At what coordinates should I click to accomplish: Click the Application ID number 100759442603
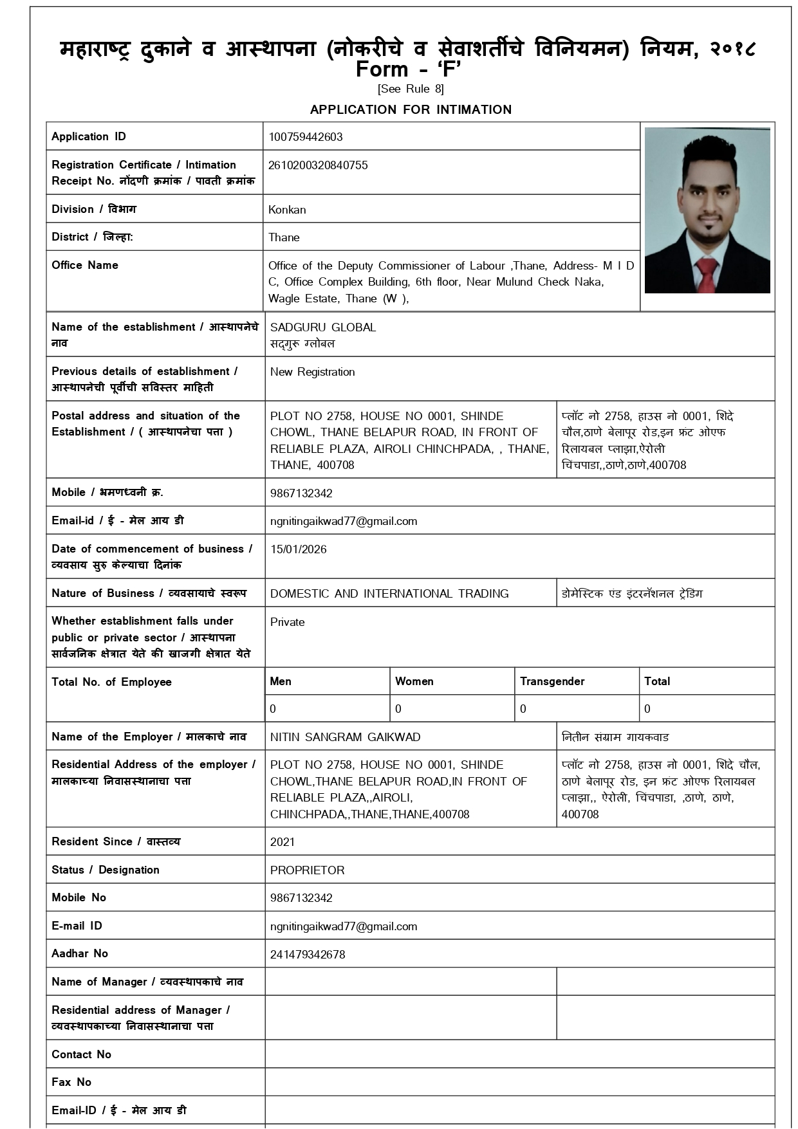click(306, 137)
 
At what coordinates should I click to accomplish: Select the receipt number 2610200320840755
click(318, 165)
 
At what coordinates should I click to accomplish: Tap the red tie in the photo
click(706, 273)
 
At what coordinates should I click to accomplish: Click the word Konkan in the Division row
click(287, 210)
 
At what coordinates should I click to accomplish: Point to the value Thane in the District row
click(284, 237)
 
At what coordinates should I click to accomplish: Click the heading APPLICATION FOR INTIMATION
click(411, 109)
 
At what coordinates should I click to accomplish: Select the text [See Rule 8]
click(411, 89)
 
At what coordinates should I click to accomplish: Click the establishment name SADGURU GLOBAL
click(323, 327)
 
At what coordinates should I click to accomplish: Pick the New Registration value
click(312, 372)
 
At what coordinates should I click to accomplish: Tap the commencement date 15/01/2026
click(298, 549)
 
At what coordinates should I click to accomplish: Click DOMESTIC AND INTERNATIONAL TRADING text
click(389, 594)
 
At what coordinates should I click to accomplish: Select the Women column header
click(414, 681)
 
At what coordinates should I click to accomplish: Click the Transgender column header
click(552, 681)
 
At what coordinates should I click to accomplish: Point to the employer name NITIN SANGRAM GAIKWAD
click(345, 737)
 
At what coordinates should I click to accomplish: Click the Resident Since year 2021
click(283, 842)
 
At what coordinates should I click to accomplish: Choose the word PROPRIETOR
click(307, 870)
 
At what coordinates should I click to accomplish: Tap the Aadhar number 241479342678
click(308, 955)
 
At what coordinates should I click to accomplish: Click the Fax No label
click(71, 1082)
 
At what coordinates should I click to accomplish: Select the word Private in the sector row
click(287, 622)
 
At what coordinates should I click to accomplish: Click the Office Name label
click(85, 265)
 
